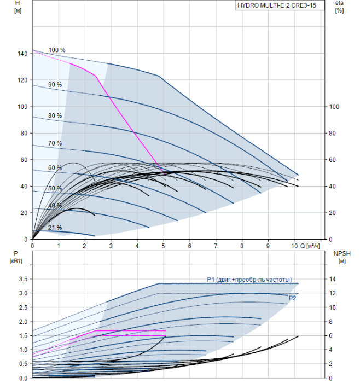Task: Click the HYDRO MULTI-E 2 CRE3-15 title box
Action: [x=280, y=5]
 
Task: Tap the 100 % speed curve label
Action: [x=57, y=50]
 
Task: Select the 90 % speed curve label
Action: [x=55, y=84]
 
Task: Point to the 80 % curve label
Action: [x=55, y=115]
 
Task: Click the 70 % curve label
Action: [x=55, y=143]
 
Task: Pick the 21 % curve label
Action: [x=55, y=228]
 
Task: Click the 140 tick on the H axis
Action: [x=22, y=53]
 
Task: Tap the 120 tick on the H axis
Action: [x=22, y=80]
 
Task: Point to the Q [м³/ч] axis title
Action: [x=310, y=246]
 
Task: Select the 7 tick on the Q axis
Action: [x=216, y=246]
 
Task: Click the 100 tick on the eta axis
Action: [x=334, y=107]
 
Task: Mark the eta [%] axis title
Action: [x=340, y=7]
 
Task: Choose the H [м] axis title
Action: [x=18, y=7]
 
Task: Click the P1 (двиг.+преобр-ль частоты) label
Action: [x=249, y=280]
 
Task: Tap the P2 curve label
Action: [x=292, y=298]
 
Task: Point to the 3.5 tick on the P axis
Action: [x=24, y=279]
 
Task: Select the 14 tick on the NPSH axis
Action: [x=332, y=279]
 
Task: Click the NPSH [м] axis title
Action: [x=342, y=257]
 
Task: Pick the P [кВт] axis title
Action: [x=16, y=257]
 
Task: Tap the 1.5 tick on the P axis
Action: [x=24, y=335]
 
